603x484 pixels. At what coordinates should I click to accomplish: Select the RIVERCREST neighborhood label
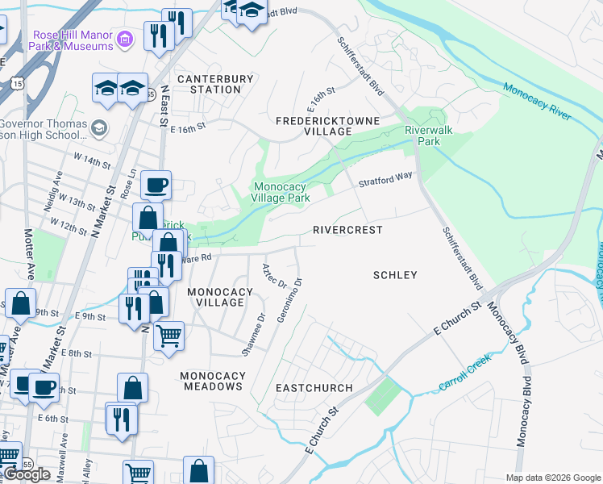click(347, 230)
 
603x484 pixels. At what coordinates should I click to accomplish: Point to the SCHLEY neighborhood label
click(395, 275)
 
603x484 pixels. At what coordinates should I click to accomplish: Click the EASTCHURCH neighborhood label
click(314, 388)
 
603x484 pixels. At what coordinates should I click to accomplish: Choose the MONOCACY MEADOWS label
click(211, 381)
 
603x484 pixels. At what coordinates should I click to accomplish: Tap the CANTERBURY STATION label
click(215, 84)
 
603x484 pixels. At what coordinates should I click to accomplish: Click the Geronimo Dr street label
click(289, 301)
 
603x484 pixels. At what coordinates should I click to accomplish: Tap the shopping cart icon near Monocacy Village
click(168, 334)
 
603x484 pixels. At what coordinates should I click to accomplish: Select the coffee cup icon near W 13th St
click(156, 185)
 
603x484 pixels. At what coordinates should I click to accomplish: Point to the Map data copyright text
click(554, 477)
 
